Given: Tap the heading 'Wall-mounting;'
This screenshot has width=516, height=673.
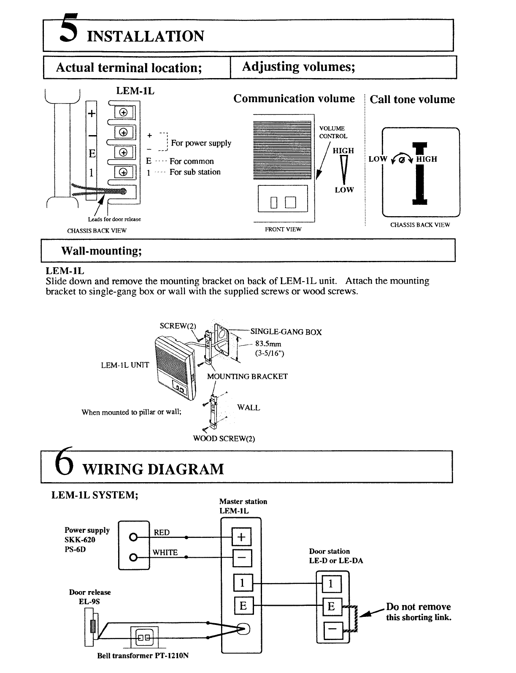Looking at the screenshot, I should click(101, 251).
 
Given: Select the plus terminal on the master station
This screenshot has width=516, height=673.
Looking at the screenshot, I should click(241, 537).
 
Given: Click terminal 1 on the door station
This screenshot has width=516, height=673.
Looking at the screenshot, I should click(331, 584).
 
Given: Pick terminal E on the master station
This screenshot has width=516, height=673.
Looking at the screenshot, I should click(243, 606).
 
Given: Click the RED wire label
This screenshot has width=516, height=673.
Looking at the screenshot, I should click(162, 533).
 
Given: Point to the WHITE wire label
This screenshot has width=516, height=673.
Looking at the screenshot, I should click(165, 553).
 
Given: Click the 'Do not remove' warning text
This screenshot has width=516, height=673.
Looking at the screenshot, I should click(418, 607).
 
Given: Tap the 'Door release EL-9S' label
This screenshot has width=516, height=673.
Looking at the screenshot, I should click(89, 597).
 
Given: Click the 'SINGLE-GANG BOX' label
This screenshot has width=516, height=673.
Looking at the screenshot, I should click(286, 332).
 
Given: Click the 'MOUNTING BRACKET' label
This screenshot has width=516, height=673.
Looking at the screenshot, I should click(247, 377).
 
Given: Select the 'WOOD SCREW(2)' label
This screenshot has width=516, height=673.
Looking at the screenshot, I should click(224, 438).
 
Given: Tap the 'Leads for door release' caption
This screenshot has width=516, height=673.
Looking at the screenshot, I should click(114, 220).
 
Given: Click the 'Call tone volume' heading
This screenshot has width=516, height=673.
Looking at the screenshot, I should click(412, 100).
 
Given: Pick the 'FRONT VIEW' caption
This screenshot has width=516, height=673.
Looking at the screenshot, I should click(283, 229).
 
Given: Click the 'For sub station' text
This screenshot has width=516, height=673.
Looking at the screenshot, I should click(195, 172).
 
